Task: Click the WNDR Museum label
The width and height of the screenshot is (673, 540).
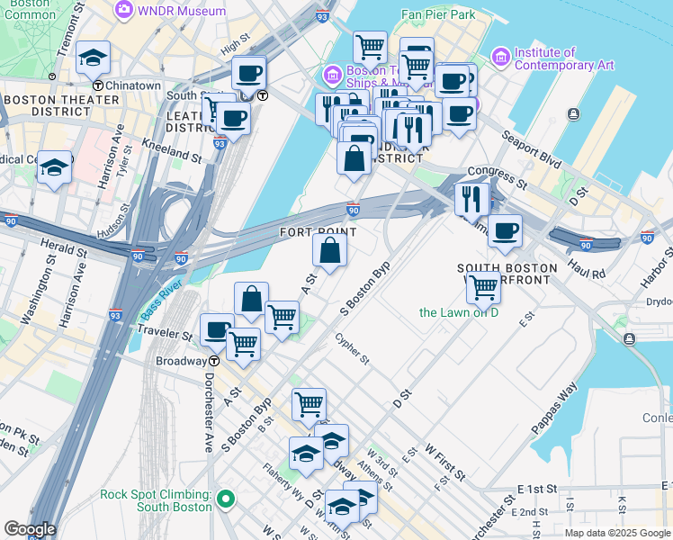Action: point(182,11)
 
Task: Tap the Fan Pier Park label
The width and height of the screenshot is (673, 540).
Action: point(437,14)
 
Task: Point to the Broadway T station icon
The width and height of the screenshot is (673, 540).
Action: point(214,361)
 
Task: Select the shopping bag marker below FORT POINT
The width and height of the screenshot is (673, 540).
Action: point(330,251)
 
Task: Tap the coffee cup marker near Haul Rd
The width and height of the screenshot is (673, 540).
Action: point(505,229)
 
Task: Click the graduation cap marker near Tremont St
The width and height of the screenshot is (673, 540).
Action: point(93,58)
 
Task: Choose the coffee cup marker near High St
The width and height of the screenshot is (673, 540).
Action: point(247,73)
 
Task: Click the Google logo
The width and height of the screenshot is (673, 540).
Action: point(30,528)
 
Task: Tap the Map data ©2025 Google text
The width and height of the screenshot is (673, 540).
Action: point(615,533)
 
